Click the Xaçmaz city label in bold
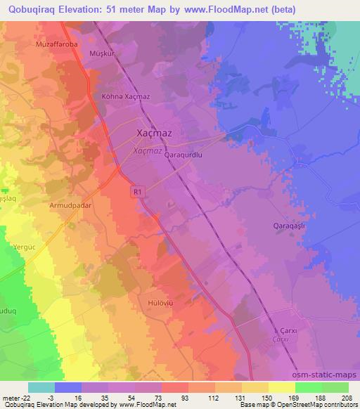coord(154,132)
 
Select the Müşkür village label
coord(96,52)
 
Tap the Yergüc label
coord(24,247)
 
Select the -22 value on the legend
coord(27,398)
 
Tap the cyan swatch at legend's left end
coord(41,387)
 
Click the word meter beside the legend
coord(11,398)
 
